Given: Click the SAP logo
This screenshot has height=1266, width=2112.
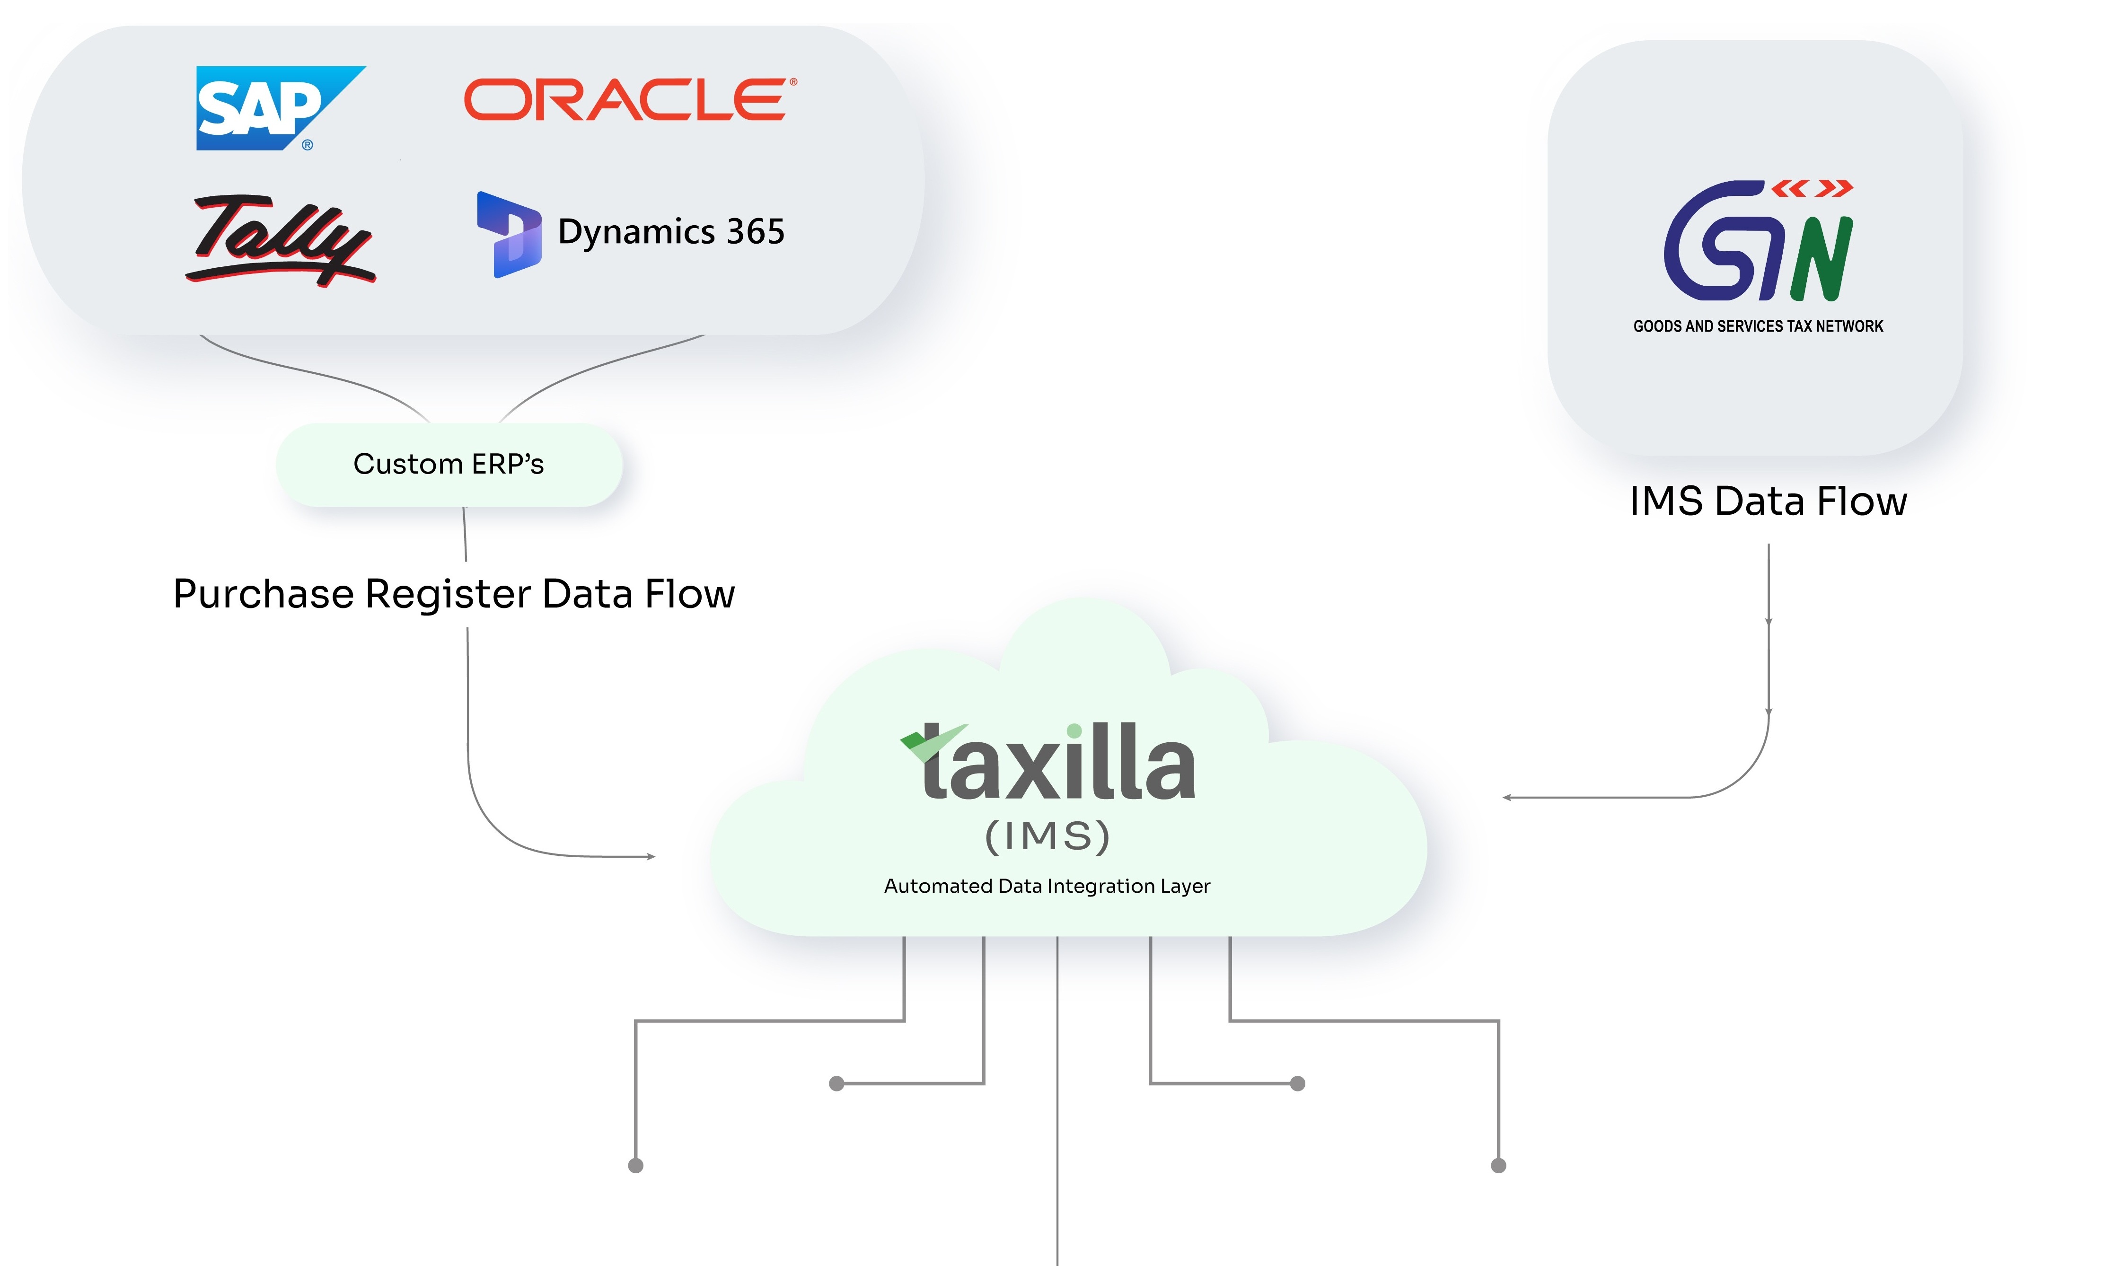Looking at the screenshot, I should (271, 107).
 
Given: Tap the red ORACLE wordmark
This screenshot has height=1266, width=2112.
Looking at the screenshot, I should (630, 100).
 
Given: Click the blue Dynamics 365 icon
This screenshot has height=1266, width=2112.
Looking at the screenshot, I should (509, 235).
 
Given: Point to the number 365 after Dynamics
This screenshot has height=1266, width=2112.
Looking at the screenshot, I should (755, 232).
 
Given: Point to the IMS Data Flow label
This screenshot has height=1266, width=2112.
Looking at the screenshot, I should (1768, 501).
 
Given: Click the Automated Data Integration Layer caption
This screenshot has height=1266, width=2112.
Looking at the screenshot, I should (1047, 887).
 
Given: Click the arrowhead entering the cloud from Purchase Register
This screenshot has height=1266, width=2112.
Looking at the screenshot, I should (651, 856).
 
